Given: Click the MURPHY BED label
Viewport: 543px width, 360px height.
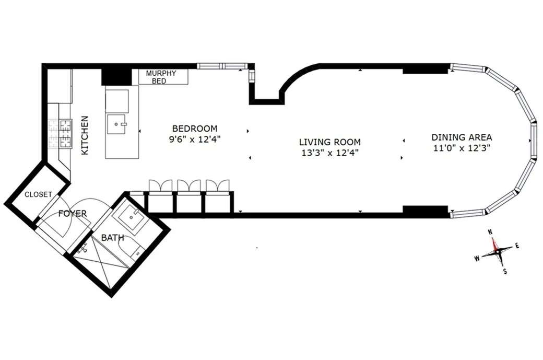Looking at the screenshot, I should (x=163, y=77).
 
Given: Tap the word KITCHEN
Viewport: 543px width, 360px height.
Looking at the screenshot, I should (x=85, y=135).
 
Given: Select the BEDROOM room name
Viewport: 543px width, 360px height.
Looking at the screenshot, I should (x=195, y=129).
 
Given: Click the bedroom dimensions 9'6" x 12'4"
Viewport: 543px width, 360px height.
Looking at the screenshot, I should (x=195, y=140).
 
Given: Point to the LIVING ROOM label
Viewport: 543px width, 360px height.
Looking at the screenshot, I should (x=329, y=142).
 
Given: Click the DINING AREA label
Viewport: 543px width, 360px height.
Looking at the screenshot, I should (x=462, y=137).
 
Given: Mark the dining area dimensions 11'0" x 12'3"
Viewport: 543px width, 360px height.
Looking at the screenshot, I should (x=462, y=148).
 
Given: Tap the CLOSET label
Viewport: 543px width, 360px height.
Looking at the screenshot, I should (x=38, y=194).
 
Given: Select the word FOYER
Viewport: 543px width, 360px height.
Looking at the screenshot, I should (x=72, y=214).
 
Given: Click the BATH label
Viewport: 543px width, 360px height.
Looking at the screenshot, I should (x=112, y=238).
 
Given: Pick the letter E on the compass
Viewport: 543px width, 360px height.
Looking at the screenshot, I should (x=517, y=245).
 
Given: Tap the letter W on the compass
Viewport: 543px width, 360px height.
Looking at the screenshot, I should (x=477, y=258).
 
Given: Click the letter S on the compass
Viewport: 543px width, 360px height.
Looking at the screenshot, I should (x=504, y=271).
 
